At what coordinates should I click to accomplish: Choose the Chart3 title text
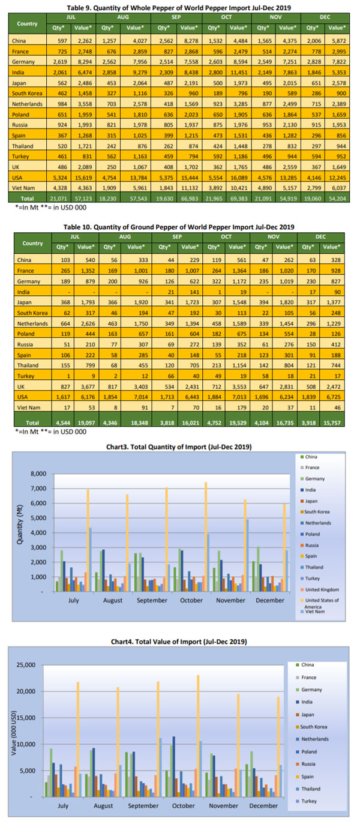(x=181, y=447)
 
